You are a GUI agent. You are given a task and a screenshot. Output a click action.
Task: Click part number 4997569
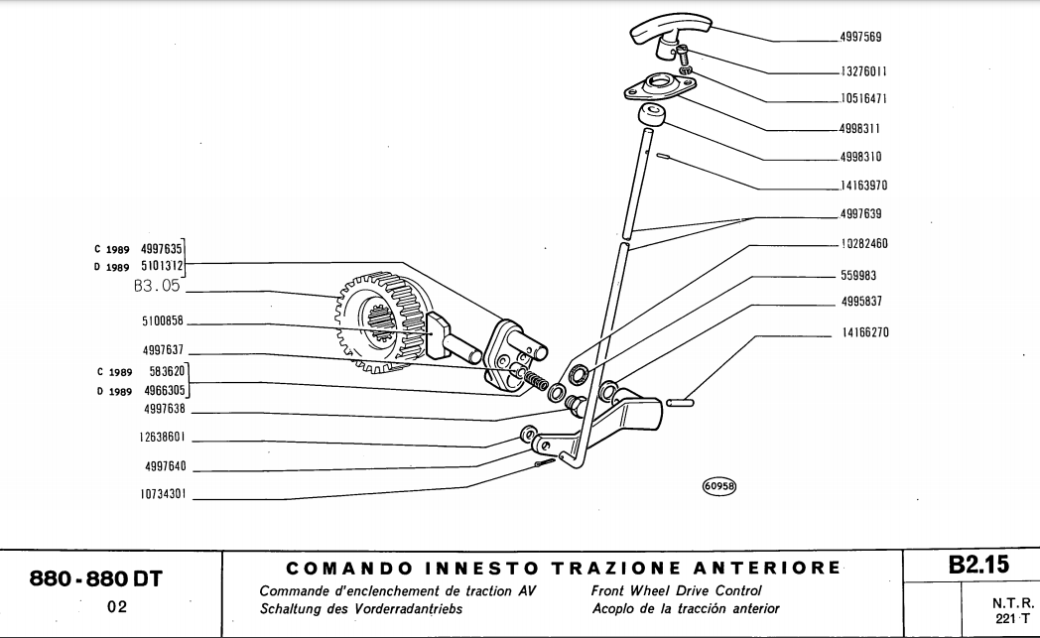859,38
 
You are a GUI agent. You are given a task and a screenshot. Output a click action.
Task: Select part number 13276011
862,72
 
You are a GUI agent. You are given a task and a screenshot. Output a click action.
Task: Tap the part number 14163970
862,185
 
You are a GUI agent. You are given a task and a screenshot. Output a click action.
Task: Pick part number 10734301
164,493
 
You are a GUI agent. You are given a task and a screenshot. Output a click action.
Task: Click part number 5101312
162,265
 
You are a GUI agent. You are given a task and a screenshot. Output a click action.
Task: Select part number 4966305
162,391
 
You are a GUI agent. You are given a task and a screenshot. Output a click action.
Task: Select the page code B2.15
977,566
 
